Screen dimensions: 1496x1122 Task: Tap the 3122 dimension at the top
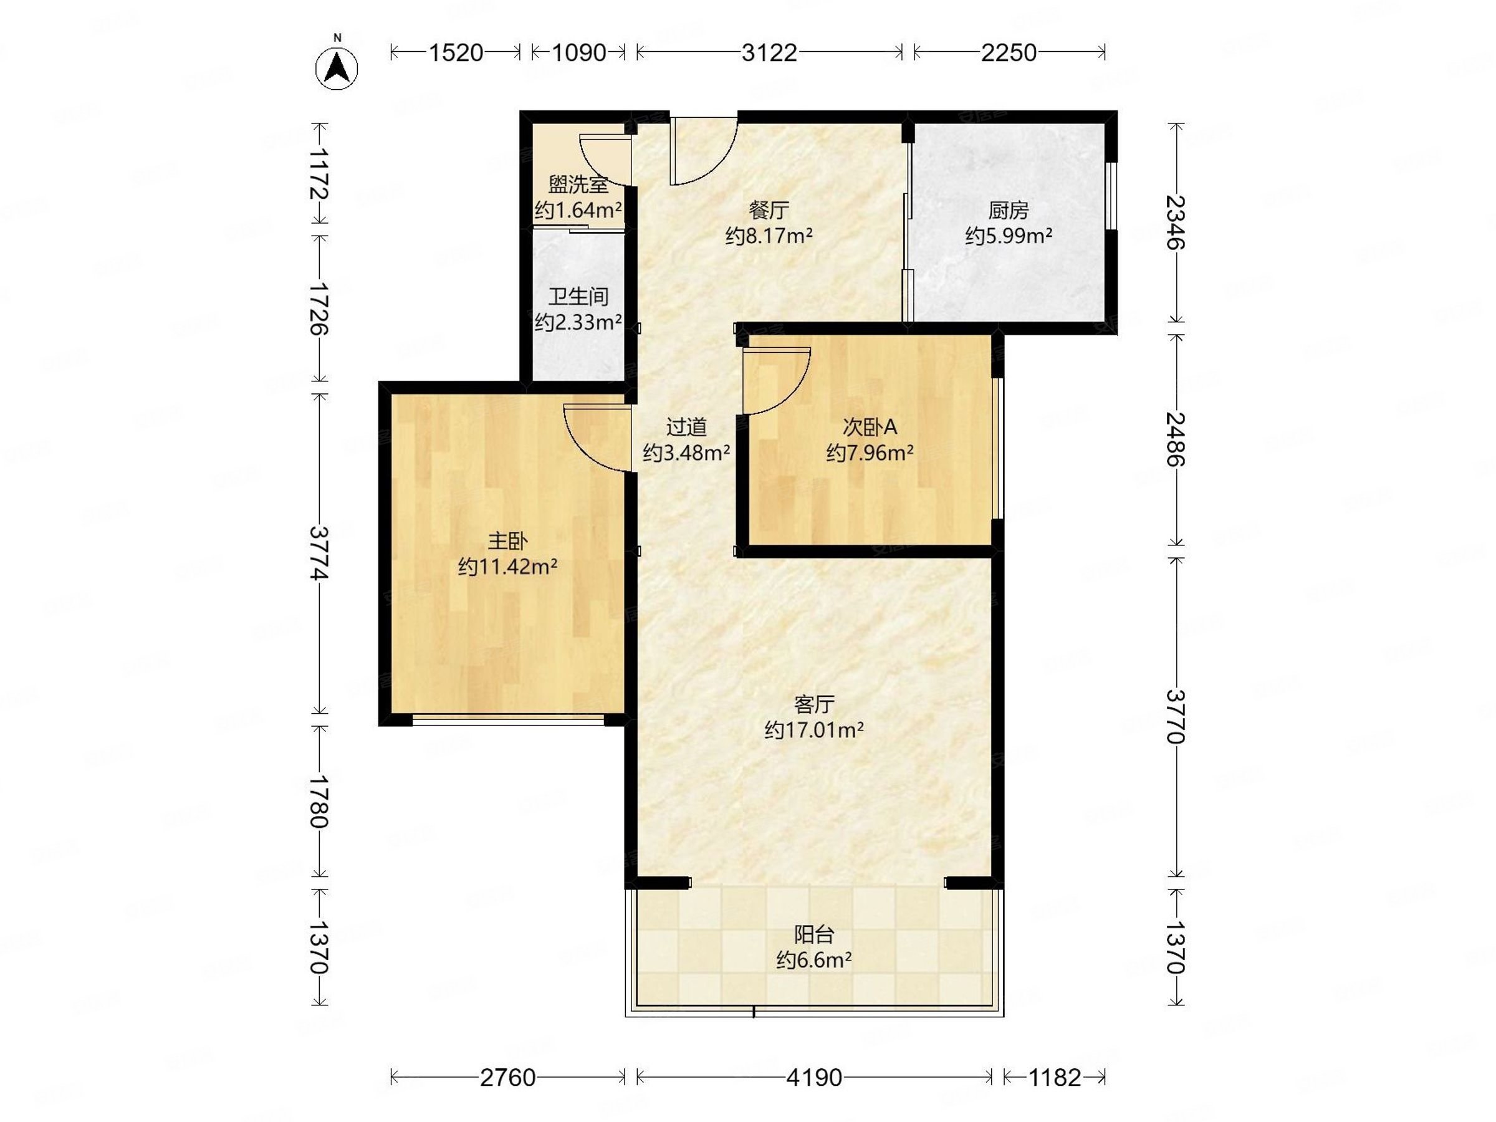pos(769,52)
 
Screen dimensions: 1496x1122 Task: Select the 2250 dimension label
pos(1009,52)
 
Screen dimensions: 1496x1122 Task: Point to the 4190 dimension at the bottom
pos(814,1076)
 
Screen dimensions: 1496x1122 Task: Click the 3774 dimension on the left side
pos(319,554)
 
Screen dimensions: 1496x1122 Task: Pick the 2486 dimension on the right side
pos(1176,439)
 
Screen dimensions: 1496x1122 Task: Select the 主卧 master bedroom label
pos(507,541)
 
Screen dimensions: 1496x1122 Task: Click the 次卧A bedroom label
pos(870,427)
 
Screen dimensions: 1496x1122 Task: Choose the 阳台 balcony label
pos(814,934)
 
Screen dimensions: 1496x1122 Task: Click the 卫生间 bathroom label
pos(578,296)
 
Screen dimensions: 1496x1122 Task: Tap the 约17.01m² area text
pos(814,730)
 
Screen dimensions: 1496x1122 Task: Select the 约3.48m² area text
pos(686,453)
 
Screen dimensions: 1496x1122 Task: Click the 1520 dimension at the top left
pos(456,52)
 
